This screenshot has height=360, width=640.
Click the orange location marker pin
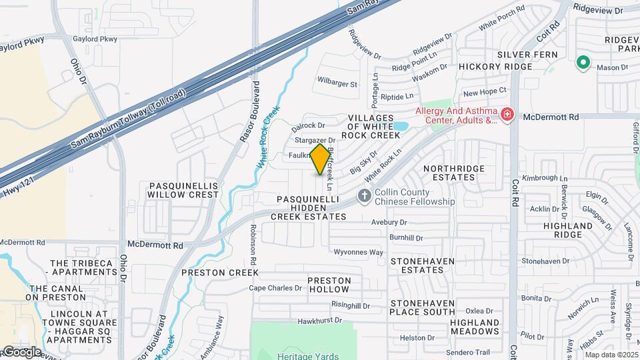tap(321, 159)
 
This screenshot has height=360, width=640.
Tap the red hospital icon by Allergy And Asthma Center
tap(507, 115)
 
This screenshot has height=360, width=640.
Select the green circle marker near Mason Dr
tap(583, 63)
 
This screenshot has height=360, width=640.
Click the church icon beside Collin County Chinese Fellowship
tap(364, 195)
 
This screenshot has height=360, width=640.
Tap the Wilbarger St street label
tap(337, 84)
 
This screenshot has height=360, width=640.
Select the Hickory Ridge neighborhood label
tap(495, 67)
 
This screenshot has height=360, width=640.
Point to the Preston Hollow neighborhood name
tap(328, 285)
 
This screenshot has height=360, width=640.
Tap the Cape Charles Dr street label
tap(275, 288)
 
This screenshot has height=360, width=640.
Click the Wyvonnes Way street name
tap(359, 252)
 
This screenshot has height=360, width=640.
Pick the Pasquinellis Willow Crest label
tap(183, 189)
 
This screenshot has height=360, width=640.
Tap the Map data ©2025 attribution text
tap(611, 355)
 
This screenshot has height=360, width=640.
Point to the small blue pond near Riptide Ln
tap(400, 126)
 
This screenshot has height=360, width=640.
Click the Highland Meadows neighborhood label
tap(474, 327)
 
